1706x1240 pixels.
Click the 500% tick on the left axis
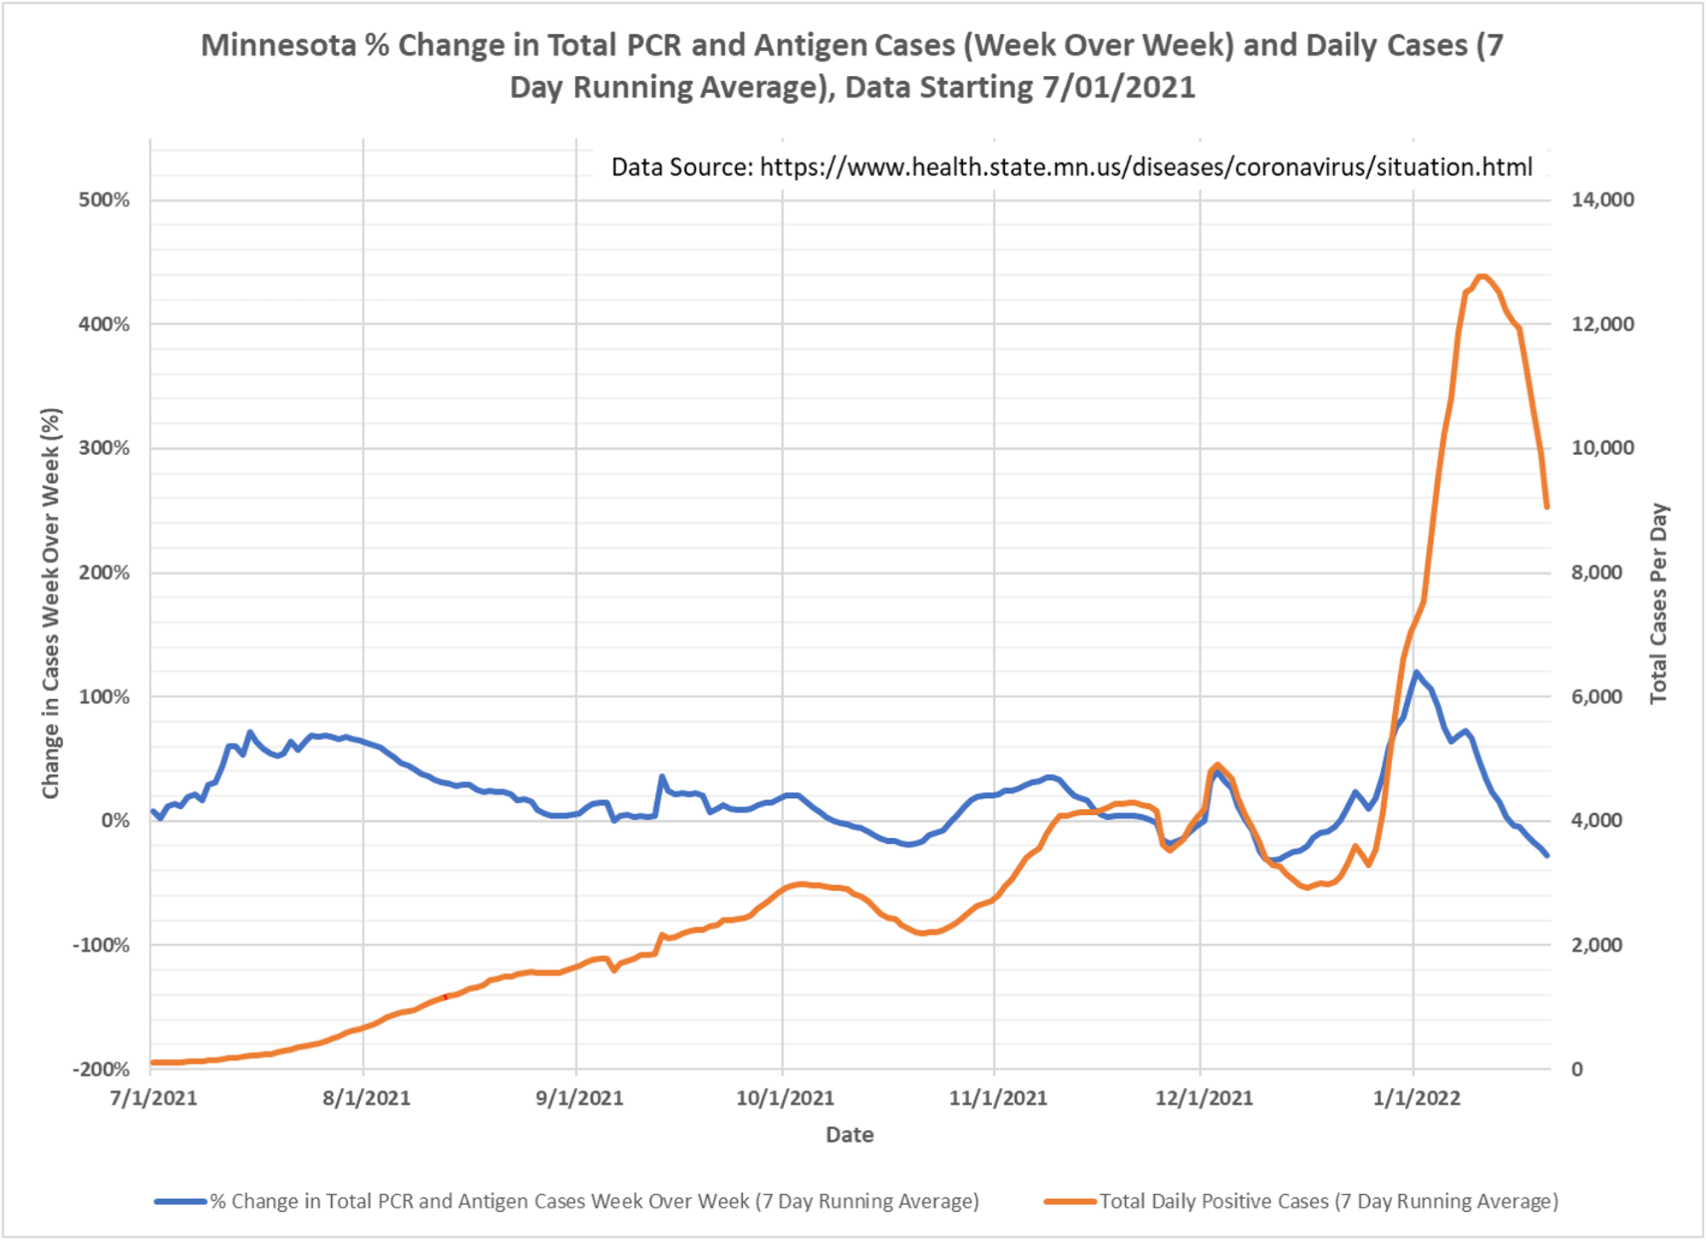104,201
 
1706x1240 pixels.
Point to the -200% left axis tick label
102,1069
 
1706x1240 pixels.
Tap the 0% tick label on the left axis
115,821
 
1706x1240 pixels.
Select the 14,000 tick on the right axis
1603,200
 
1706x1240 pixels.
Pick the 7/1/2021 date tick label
154,1098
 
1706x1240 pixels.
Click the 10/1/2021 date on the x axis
785,1098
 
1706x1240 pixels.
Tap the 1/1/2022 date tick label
1417,1098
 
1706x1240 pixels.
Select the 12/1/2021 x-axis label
1204,1098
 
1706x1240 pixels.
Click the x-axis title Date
850,1135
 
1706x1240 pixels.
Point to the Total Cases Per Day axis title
1658,603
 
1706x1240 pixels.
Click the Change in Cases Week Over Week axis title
51,603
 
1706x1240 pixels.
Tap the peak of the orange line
1483,277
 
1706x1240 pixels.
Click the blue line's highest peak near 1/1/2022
1416,672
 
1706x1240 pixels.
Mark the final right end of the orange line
1546,507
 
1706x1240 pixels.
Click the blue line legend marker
180,1202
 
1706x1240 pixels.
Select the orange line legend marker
1070,1202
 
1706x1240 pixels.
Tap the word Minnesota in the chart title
278,45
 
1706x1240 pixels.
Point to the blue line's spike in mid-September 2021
662,777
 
